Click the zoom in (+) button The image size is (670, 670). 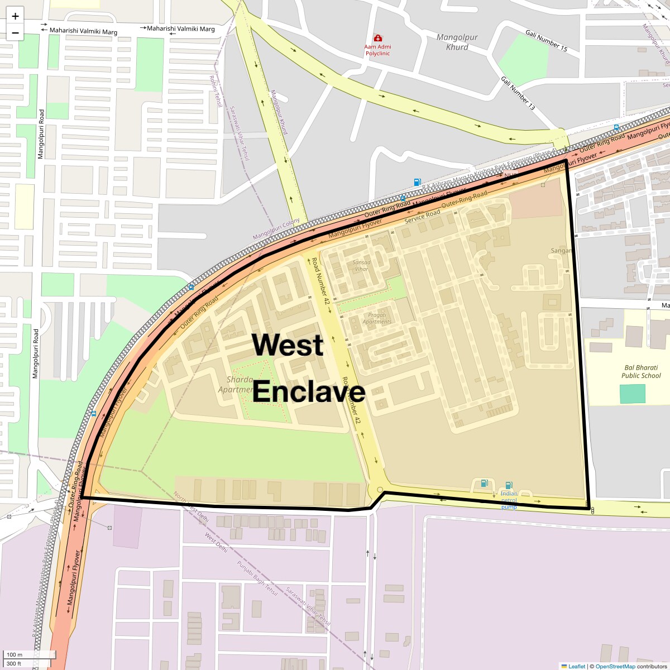[15, 16]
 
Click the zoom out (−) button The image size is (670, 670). [15, 33]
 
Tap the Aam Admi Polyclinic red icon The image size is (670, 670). [377, 38]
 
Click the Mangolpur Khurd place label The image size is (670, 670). [457, 42]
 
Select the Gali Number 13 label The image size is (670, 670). [518, 93]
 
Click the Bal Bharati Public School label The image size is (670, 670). [641, 372]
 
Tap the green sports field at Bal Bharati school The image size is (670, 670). [632, 394]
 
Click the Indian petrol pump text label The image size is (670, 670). [509, 500]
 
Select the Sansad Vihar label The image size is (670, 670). [362, 265]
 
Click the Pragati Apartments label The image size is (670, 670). [377, 318]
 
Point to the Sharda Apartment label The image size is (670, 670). [237, 385]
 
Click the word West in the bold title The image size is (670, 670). [288, 344]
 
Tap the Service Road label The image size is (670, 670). [422, 216]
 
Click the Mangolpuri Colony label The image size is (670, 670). [276, 229]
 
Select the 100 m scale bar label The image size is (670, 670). [15, 654]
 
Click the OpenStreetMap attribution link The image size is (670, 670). [615, 666]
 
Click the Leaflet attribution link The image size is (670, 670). [577, 666]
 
